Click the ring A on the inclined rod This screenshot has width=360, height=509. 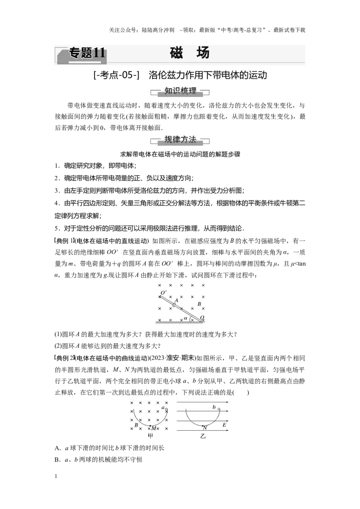point(175,304)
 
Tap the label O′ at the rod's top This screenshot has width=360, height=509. point(163,292)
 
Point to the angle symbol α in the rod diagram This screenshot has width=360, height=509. point(185,318)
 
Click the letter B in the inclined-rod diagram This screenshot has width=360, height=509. point(199,304)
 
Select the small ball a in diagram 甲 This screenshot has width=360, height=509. point(166,408)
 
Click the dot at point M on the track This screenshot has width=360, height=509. point(150,425)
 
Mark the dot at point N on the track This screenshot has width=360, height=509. point(203,425)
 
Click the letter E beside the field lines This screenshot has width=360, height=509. point(224,424)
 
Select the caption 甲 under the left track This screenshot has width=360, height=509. point(150,436)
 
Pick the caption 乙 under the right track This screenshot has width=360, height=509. point(203,436)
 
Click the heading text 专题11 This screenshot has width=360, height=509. point(87,53)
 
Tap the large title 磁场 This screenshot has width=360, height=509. point(190,53)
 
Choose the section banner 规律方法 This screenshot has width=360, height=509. point(180,139)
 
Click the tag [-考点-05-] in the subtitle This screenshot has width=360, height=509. point(116,75)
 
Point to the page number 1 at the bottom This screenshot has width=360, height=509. point(56,476)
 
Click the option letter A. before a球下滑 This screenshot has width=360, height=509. point(58,448)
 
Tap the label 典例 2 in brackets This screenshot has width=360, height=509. point(64,358)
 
